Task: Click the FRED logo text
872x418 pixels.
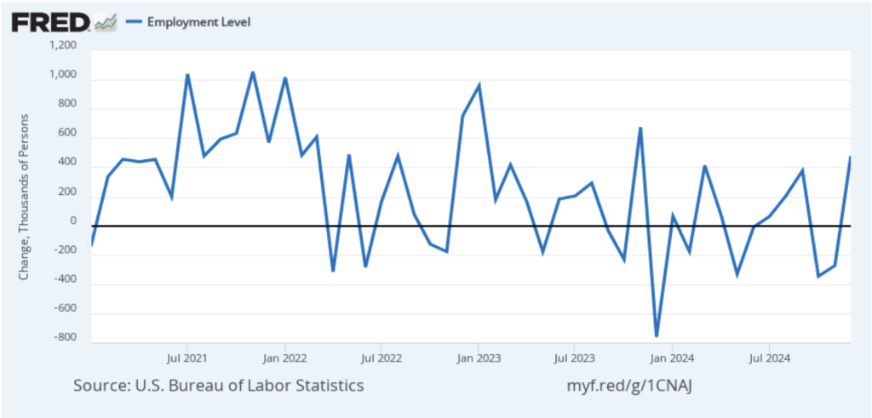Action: [50, 22]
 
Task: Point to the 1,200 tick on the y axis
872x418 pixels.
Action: [62, 46]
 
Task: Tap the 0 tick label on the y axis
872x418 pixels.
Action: [72, 221]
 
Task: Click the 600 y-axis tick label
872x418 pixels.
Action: [66, 134]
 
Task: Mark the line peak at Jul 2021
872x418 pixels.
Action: [187, 75]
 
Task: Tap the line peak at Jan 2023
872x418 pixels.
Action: [479, 85]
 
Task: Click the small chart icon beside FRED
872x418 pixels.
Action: [105, 22]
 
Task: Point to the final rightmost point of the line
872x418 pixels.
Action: [850, 157]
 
